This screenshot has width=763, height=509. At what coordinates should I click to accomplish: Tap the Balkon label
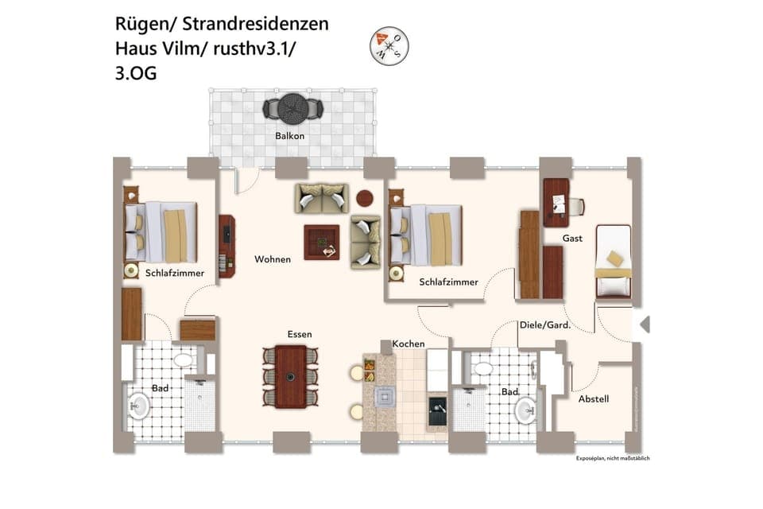pos(290,136)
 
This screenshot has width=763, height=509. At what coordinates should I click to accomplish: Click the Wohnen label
pos(273,259)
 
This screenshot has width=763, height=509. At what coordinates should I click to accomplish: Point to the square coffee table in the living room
pos(322,242)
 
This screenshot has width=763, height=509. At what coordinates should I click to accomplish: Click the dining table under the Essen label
pos(291,376)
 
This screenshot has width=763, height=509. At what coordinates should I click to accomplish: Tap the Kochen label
pos(409,344)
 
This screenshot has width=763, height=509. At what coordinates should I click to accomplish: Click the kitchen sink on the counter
pos(386,396)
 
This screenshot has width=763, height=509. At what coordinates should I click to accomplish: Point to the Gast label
pos(572,238)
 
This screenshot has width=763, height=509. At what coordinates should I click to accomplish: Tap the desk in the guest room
pos(556,201)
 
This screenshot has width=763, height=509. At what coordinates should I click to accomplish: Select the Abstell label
pos(593,398)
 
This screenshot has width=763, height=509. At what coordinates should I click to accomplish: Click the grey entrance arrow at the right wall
pos(645,324)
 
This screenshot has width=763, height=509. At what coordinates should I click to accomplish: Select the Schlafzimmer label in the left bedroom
pos(175,273)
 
